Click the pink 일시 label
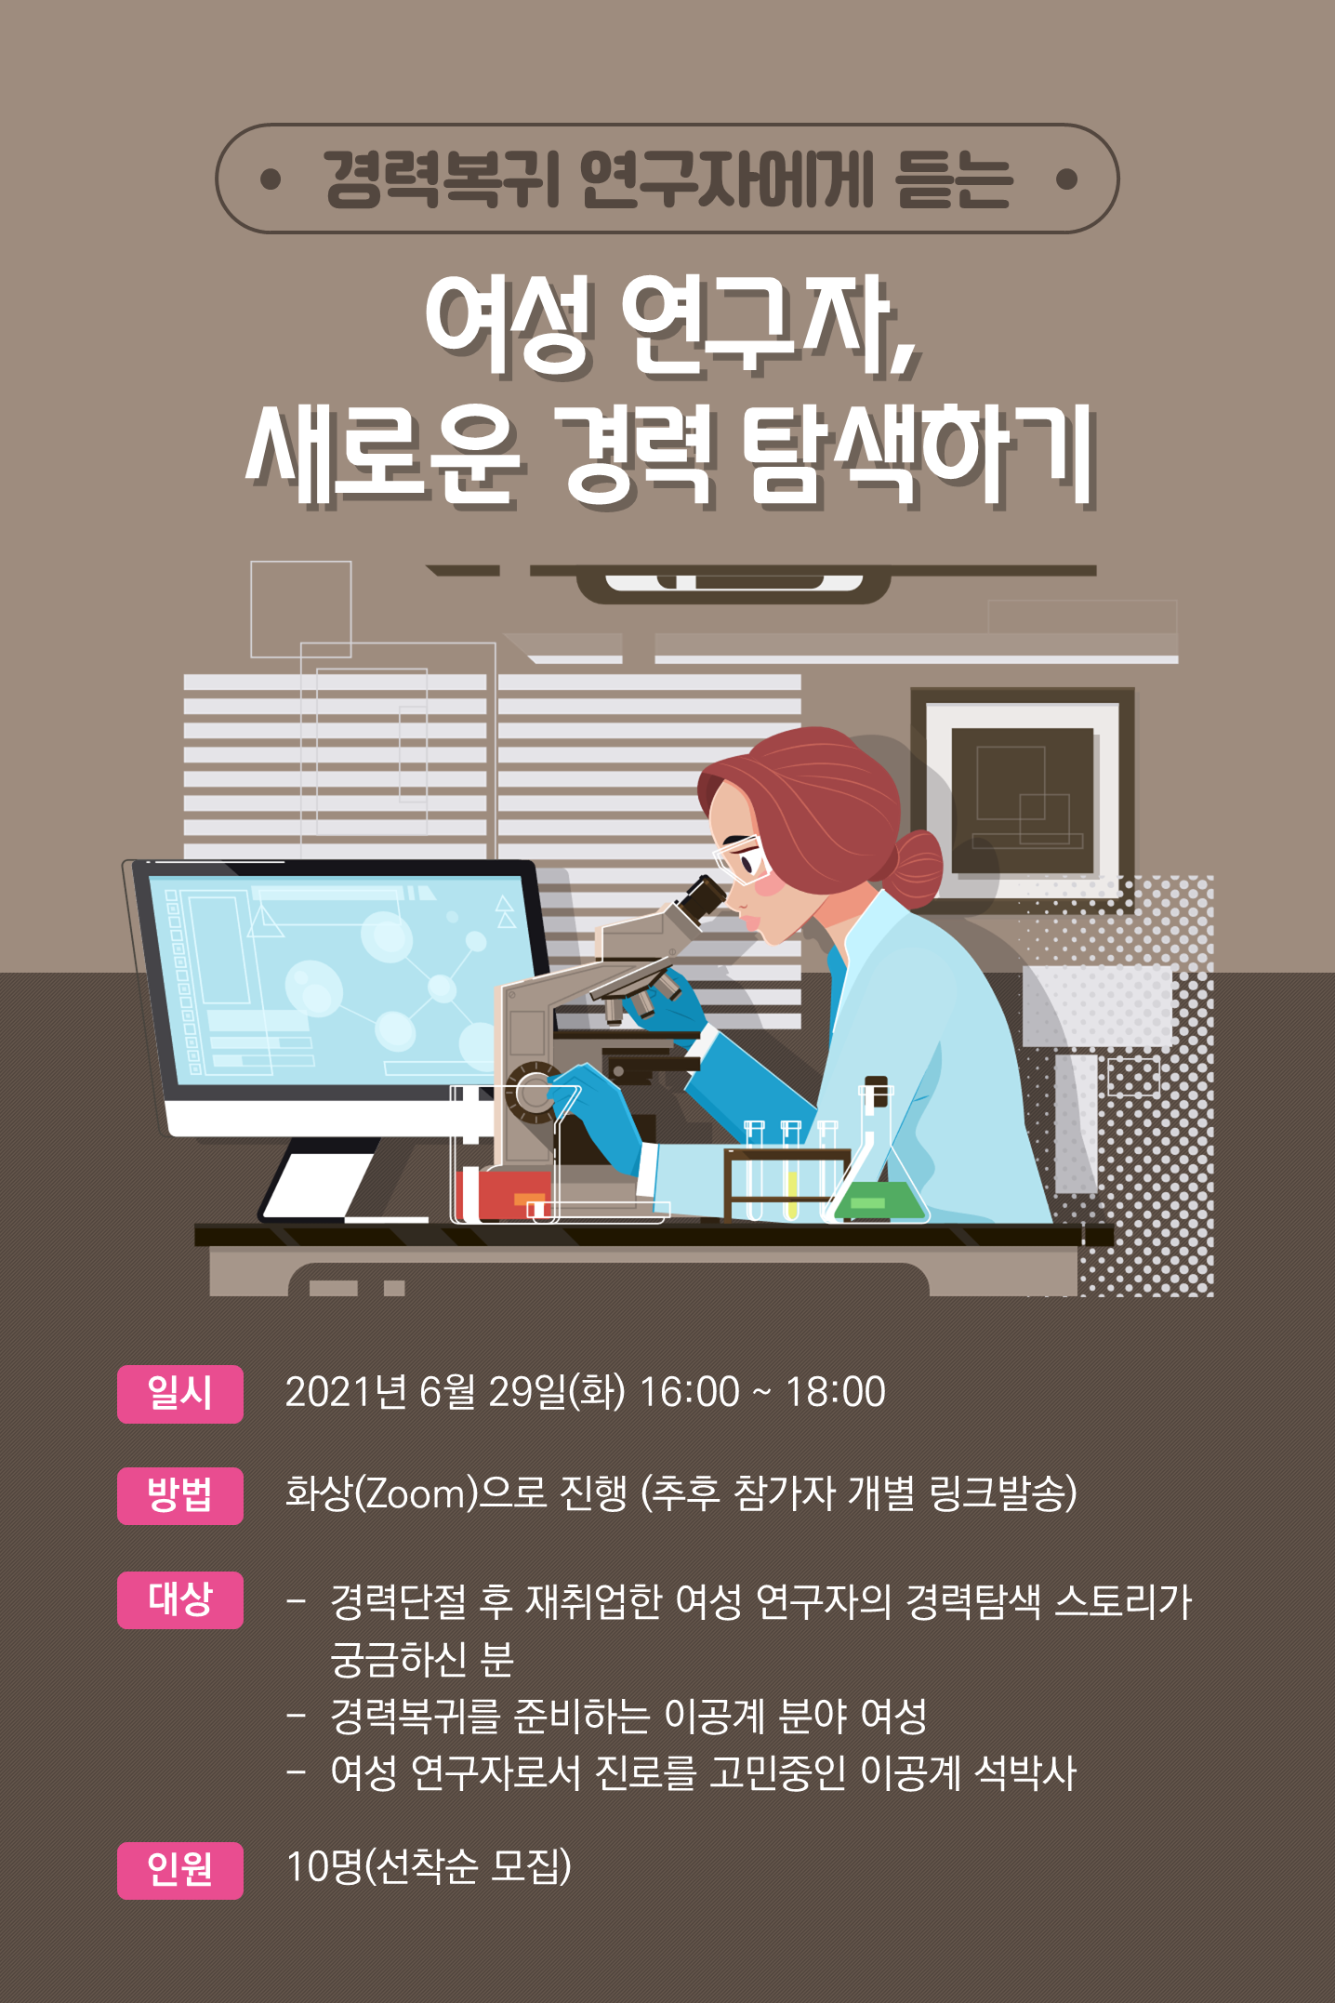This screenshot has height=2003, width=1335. [x=179, y=1393]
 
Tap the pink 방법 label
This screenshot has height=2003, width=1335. [x=179, y=1495]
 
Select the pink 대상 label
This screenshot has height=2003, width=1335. [x=179, y=1599]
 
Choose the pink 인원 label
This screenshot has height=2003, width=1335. [x=179, y=1870]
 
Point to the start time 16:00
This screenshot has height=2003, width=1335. [x=689, y=1392]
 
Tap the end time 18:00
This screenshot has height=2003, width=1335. [x=836, y=1392]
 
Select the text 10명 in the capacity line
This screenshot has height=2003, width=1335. [x=324, y=1866]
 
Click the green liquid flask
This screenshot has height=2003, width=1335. [x=876, y=1167]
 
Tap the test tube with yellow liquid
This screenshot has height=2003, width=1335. [x=791, y=1170]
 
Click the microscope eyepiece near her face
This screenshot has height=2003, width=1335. [x=702, y=898]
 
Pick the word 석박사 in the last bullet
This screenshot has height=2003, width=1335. [x=1025, y=1772]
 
